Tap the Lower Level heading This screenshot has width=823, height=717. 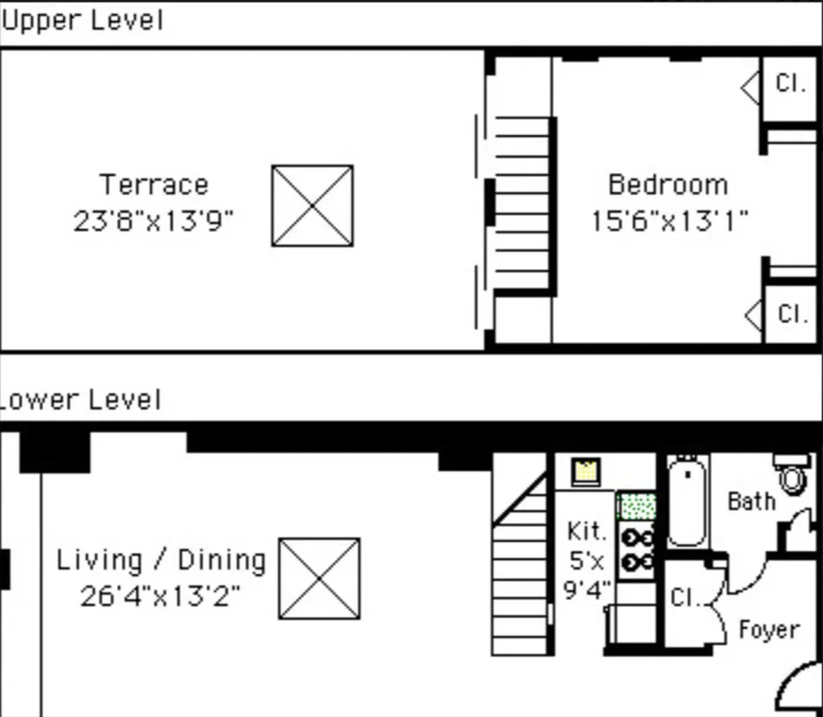pos(80,400)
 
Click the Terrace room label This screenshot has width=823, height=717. pos(154,185)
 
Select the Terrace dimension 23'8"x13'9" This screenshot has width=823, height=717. pos(153,221)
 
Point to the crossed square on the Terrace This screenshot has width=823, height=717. pos(312,205)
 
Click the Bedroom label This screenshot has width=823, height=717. pos(668,185)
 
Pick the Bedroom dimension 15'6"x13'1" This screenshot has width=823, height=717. pos(669,221)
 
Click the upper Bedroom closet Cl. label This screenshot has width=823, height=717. pos(790,83)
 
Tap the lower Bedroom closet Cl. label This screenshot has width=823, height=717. pos(792,314)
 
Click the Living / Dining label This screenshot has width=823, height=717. pos(161,560)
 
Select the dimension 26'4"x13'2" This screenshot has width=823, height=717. pos(160,596)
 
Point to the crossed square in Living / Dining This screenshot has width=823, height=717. pos(319,578)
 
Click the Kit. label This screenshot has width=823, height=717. pos(586,531)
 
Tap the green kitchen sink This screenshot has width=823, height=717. pos(637,506)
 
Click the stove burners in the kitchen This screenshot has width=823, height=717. pos(636,550)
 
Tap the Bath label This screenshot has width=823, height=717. pos(752,501)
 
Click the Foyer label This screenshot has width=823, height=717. pos(769,629)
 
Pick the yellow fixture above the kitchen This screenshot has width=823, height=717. pos(586,472)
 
